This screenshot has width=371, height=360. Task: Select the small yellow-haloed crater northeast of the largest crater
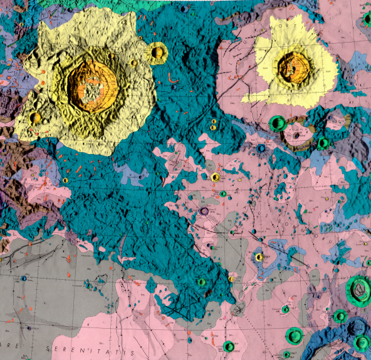157,51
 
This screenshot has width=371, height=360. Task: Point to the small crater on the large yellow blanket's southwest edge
36,117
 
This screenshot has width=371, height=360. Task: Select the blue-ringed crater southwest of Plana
261,148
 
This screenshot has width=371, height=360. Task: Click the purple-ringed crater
204,212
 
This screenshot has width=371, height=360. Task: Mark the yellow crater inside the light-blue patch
258,257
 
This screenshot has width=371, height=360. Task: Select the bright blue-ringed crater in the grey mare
24,278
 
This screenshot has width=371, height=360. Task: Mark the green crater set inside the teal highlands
201,282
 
